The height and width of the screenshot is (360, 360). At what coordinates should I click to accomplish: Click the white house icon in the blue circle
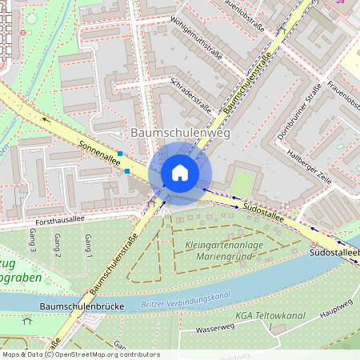(x=180, y=173)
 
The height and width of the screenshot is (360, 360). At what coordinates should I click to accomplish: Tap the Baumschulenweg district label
(x=179, y=133)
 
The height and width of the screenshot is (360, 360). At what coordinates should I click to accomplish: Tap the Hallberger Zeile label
(x=310, y=167)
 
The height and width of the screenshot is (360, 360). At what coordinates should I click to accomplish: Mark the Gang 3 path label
(x=33, y=244)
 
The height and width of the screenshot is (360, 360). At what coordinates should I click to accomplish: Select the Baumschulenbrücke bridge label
(x=78, y=306)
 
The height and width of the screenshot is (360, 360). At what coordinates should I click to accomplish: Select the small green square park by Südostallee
(x=242, y=185)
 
